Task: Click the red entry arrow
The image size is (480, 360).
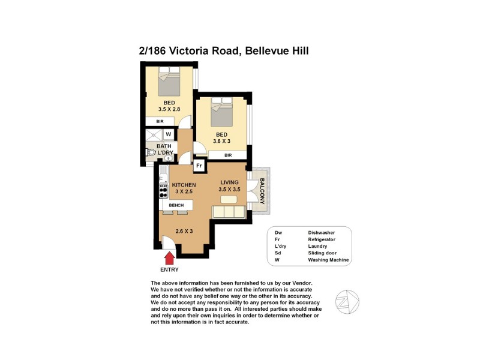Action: (x=169, y=257)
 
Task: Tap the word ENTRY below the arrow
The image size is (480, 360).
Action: (x=170, y=269)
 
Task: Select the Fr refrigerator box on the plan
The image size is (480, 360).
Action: (x=198, y=166)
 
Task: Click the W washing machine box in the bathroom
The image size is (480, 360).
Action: (x=169, y=134)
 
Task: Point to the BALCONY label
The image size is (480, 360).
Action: (x=262, y=191)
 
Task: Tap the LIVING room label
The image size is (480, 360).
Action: (x=230, y=182)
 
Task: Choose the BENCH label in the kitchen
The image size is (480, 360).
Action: (x=176, y=205)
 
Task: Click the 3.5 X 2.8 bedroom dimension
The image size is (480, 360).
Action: (x=169, y=109)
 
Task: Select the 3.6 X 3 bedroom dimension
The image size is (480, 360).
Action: (x=221, y=142)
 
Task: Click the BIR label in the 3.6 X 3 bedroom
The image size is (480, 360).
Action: (x=228, y=155)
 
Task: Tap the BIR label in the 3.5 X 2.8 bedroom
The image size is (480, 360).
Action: (x=160, y=121)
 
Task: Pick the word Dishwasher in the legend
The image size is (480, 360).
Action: (x=323, y=232)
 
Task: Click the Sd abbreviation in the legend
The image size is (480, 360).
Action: (x=278, y=253)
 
